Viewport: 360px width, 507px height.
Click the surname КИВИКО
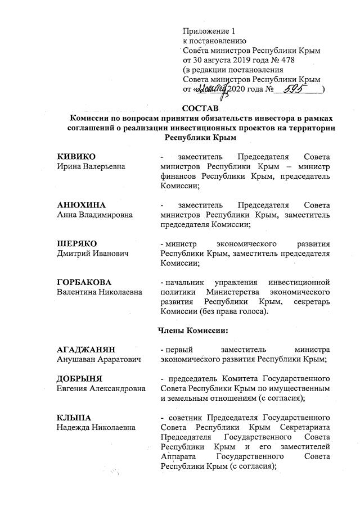coord(76,156)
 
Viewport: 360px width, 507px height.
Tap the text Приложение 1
coord(206,30)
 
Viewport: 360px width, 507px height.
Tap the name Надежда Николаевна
coord(96,428)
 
